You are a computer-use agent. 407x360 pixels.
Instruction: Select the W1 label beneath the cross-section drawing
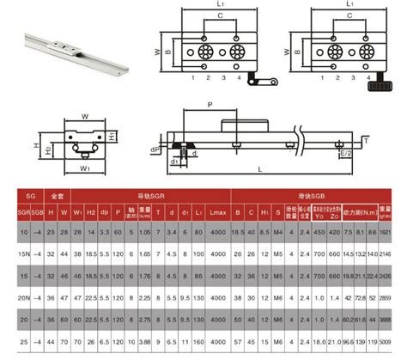83,169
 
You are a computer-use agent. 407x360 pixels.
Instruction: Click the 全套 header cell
58,195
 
